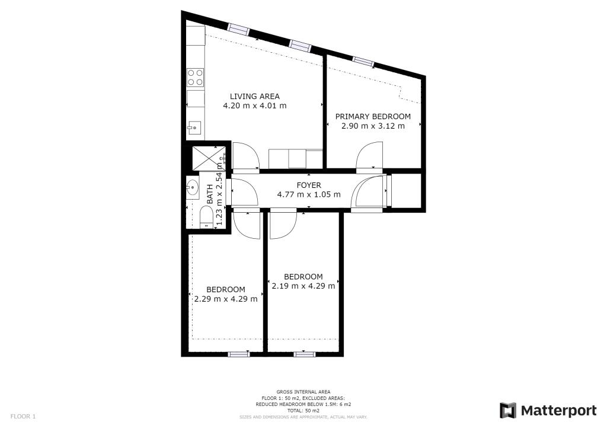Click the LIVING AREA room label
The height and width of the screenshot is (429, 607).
point(254,97)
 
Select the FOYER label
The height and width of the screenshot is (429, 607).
point(308,185)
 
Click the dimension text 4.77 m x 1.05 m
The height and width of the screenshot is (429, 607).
point(308,194)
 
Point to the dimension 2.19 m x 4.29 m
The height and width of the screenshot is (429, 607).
point(303,286)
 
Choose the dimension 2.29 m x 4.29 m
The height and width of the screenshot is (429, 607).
point(225,299)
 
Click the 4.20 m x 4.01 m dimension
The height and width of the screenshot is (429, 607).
point(254,106)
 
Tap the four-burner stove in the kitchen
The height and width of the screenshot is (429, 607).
point(196,78)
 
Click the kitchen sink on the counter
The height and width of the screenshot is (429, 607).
point(194,126)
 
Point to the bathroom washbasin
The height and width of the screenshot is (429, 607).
point(193,188)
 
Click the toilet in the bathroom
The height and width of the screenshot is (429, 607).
point(206,216)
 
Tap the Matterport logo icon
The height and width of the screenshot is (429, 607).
point(507,411)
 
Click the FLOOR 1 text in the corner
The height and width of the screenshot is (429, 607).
point(23,417)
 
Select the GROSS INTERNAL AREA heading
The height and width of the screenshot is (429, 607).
point(303,392)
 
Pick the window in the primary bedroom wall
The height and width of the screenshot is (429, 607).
point(363,60)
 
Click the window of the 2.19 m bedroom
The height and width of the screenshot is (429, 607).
point(303,354)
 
